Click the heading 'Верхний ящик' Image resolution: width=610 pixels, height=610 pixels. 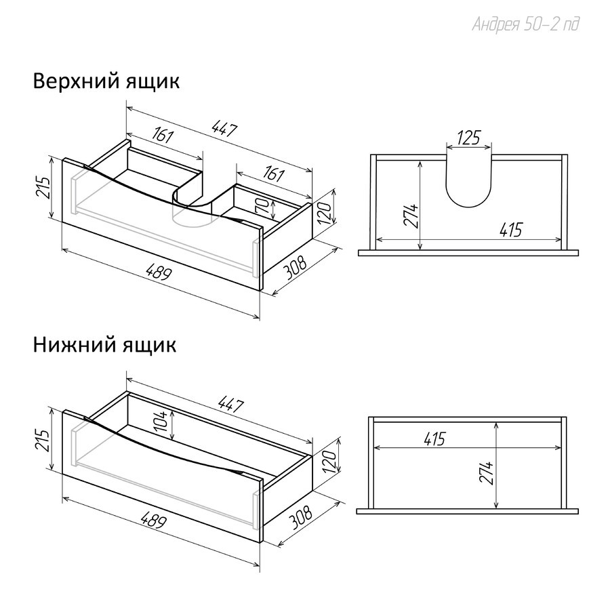(x=106, y=82)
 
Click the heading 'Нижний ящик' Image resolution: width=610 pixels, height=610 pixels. (x=104, y=345)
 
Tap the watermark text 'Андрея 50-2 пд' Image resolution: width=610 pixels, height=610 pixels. (x=525, y=24)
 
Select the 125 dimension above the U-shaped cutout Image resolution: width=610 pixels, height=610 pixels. (x=469, y=138)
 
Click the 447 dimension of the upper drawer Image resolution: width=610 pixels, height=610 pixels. (x=224, y=129)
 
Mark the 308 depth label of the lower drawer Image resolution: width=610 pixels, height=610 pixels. (x=301, y=518)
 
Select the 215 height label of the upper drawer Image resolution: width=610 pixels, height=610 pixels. (x=43, y=188)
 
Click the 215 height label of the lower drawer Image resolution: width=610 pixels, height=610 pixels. (x=43, y=441)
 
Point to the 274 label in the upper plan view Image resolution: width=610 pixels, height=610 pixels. (x=411, y=216)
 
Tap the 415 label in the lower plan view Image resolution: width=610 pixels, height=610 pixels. (x=434, y=439)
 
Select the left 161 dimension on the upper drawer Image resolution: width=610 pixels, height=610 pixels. (x=163, y=136)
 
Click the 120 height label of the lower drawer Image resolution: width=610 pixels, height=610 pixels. (x=329, y=462)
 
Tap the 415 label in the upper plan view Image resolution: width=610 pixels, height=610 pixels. (x=511, y=230)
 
